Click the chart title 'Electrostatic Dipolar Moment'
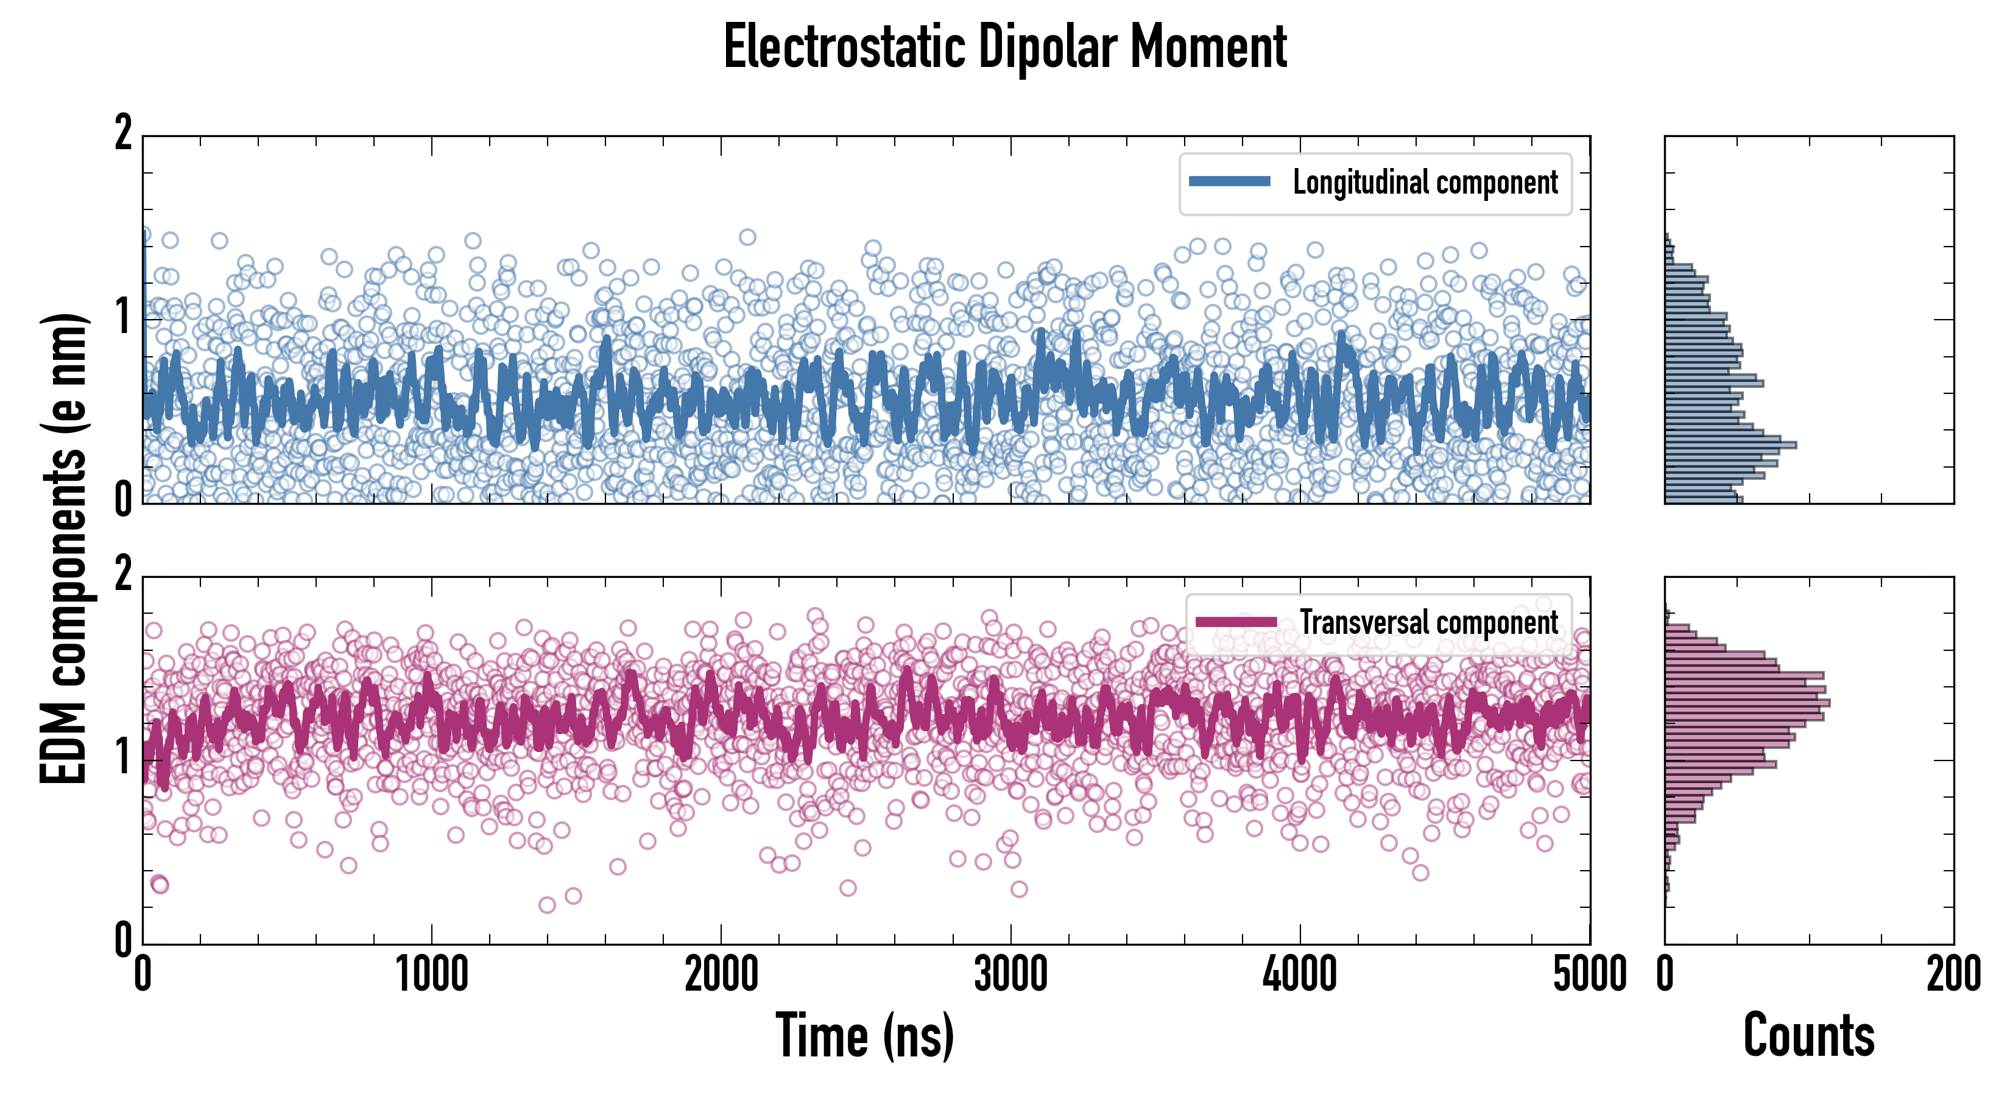pos(1005,47)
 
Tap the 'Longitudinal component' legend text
pos(1425,183)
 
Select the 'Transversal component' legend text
pos(1429,622)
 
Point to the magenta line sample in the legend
pos(1236,622)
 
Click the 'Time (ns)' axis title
pos(864,1035)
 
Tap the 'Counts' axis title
pos(1808,1035)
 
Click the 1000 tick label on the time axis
pos(431,975)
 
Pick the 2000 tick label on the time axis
pos(721,975)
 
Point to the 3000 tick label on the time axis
pos(1010,975)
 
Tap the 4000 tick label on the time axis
pos(1300,975)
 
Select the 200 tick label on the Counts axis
pos(1953,975)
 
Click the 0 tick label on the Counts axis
pos(1665,975)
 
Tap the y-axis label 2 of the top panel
pos(123,133)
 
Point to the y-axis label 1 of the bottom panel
pos(123,757)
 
